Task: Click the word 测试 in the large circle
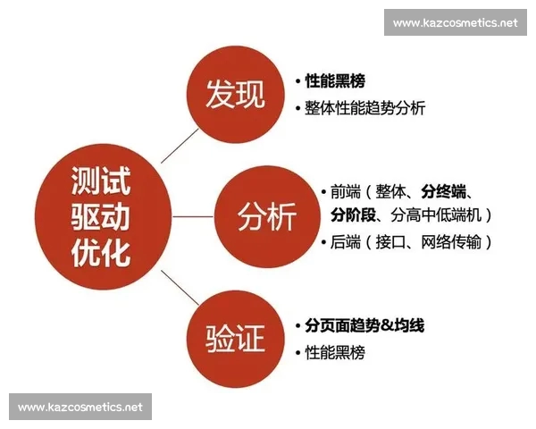click(100, 183)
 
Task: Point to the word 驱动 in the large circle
click(100, 217)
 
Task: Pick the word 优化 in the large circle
click(100, 251)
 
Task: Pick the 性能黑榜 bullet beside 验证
click(334, 352)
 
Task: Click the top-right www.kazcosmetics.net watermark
click(456, 22)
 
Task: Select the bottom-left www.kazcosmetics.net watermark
click(80, 407)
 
